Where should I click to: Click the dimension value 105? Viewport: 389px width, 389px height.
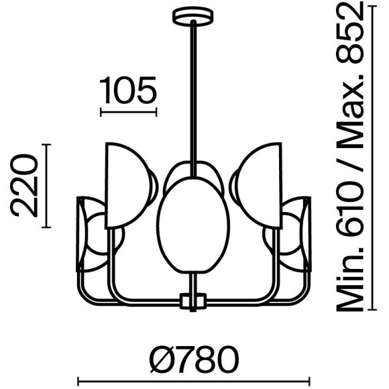click(128, 91)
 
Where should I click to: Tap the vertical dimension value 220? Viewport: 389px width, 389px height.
click(25, 185)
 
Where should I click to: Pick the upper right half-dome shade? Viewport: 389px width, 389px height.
click(260, 184)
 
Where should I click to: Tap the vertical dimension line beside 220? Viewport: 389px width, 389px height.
click(46, 185)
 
